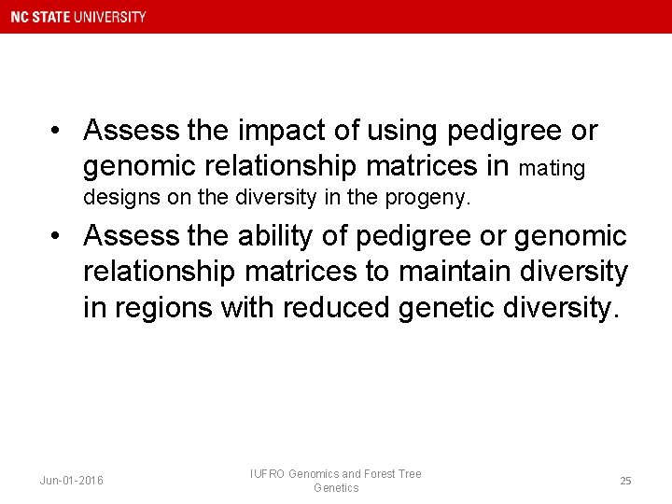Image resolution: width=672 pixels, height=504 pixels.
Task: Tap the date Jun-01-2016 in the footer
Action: click(72, 481)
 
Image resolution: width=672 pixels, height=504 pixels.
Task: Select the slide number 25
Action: click(625, 481)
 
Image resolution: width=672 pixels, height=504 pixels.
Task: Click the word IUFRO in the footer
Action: click(267, 474)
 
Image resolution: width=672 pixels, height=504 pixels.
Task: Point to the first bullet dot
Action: click(57, 132)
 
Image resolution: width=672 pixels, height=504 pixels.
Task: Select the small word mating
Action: click(552, 169)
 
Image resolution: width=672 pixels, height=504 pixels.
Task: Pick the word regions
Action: click(161, 307)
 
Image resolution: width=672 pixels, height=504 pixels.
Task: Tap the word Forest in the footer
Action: click(378, 474)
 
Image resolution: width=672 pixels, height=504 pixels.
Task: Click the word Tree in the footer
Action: click(411, 474)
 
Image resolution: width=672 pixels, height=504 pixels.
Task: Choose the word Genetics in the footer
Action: click(336, 488)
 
